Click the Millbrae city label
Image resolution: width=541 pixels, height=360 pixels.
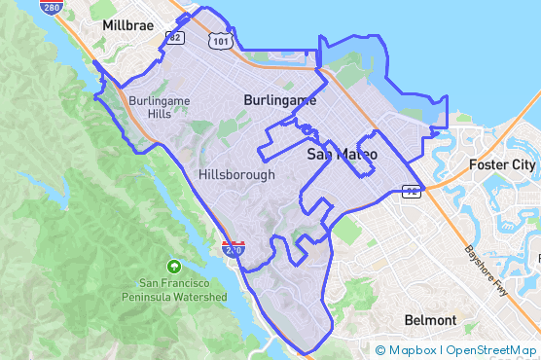click(x=126, y=24)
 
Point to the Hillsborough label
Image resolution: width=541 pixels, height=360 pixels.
click(x=235, y=174)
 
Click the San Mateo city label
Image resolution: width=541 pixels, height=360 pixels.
click(x=342, y=154)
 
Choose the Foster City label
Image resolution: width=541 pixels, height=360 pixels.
click(x=501, y=164)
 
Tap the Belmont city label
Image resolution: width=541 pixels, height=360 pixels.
click(x=430, y=320)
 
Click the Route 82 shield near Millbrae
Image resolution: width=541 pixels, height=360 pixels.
click(x=175, y=39)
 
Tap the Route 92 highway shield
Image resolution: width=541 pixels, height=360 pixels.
click(x=412, y=192)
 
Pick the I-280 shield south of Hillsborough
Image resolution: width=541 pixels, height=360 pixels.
click(x=234, y=248)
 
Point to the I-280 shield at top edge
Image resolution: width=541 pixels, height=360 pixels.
click(x=52, y=5)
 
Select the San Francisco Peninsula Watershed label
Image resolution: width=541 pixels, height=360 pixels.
click(x=175, y=289)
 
